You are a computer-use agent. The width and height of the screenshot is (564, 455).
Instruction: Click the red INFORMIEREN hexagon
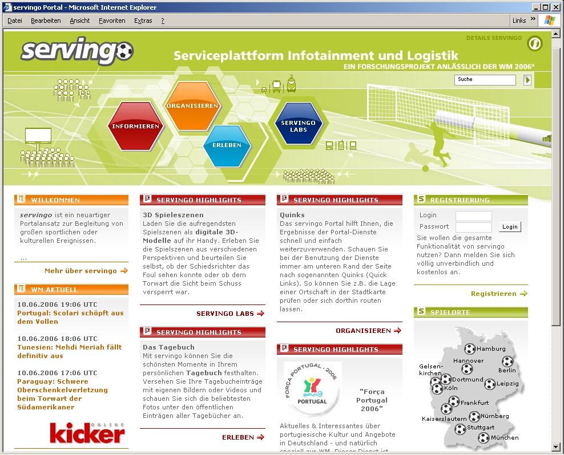[135, 126]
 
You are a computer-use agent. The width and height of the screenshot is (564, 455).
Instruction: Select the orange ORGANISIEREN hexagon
[192, 106]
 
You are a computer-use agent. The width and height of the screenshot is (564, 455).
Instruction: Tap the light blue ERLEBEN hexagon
[227, 145]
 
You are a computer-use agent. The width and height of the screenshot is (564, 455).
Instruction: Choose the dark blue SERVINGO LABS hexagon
[298, 126]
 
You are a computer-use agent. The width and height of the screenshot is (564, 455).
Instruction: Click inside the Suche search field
[485, 80]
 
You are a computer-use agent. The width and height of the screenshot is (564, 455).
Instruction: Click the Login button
[510, 227]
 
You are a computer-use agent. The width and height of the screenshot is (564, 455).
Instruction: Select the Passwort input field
[473, 226]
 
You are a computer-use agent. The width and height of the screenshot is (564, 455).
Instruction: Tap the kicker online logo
[87, 433]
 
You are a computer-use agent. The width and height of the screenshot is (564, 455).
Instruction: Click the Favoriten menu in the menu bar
[112, 21]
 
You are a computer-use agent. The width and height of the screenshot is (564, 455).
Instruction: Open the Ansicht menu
[80, 21]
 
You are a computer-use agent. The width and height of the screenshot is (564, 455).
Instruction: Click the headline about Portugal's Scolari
[70, 317]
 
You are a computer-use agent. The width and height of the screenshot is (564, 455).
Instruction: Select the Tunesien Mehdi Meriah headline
[69, 351]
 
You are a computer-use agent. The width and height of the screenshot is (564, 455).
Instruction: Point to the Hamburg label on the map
[491, 348]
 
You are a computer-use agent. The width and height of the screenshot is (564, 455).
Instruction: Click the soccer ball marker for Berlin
[507, 361]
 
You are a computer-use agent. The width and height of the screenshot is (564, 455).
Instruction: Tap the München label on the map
[505, 438]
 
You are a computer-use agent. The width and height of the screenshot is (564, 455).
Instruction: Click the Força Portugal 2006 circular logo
[312, 389]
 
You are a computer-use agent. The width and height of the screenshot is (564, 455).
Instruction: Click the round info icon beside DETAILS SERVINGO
[534, 43]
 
